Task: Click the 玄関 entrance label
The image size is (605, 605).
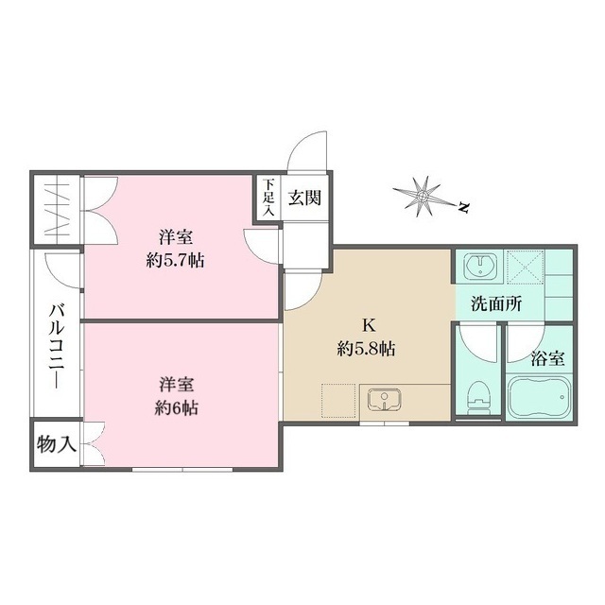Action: pyautogui.click(x=304, y=199)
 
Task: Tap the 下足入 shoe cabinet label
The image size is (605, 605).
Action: pyautogui.click(x=268, y=198)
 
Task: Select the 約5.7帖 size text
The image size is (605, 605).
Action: pyautogui.click(x=175, y=262)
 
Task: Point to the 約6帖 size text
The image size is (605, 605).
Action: pyautogui.click(x=177, y=408)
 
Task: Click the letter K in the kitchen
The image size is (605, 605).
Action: pyautogui.click(x=368, y=326)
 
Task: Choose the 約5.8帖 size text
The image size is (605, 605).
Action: pyautogui.click(x=366, y=350)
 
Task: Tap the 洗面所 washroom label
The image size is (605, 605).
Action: pyautogui.click(x=496, y=304)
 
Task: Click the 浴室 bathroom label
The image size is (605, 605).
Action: pyautogui.click(x=548, y=359)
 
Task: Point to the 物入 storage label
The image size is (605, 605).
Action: pyautogui.click(x=57, y=445)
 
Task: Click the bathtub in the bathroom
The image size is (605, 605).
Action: pyautogui.click(x=539, y=397)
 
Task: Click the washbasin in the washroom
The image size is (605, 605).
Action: pyautogui.click(x=480, y=266)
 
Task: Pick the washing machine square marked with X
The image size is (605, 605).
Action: pyautogui.click(x=525, y=267)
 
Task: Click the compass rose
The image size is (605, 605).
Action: pyautogui.click(x=423, y=197)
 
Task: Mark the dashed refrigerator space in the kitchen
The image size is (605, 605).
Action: pyautogui.click(x=338, y=401)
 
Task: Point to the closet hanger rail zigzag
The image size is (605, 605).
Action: pyautogui.click(x=57, y=210)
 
